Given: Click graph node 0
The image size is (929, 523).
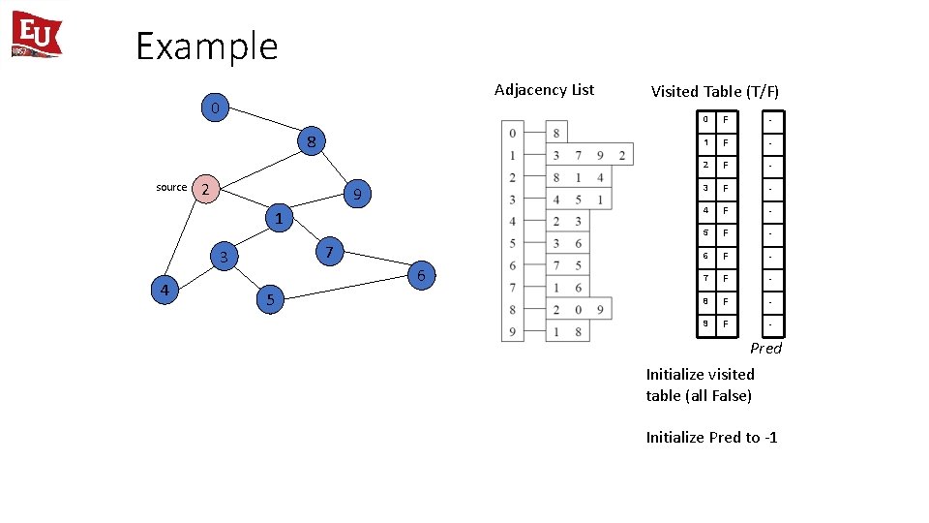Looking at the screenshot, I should [x=215, y=107].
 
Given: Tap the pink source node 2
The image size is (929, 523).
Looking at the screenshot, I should [x=205, y=189].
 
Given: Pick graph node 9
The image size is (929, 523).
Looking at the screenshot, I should [x=356, y=196].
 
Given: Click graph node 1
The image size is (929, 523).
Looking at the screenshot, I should [x=278, y=218].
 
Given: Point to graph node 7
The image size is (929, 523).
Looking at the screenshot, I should [x=329, y=253].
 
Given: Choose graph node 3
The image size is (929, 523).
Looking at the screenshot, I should [x=224, y=257].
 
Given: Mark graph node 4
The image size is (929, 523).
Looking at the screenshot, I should [x=165, y=290].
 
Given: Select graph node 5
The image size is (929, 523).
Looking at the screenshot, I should [x=270, y=300].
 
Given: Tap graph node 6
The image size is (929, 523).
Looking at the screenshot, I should [x=420, y=276].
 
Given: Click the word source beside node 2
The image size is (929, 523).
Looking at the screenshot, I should [x=171, y=187].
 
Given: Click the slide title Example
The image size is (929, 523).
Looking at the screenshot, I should [x=206, y=46].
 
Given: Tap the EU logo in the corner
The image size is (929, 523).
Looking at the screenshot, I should [x=37, y=35].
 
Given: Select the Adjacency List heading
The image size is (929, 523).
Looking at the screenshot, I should [x=544, y=90].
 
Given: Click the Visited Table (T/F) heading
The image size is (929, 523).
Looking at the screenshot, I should [x=714, y=91].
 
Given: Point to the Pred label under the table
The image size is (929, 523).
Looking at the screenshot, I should [x=765, y=348].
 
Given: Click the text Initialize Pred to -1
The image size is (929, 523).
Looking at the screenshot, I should [x=711, y=437].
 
